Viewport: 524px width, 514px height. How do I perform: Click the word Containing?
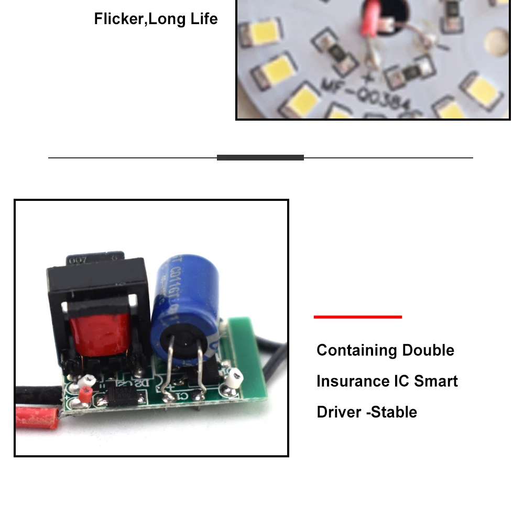tap(356, 350)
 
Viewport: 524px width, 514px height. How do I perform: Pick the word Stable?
tap(394, 412)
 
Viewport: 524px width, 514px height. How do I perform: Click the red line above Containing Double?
tap(357, 317)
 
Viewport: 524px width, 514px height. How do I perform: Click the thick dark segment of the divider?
tap(260, 157)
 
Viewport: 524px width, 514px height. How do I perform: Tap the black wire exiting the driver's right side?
tap(275, 362)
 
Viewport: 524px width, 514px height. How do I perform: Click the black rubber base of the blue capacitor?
tap(183, 347)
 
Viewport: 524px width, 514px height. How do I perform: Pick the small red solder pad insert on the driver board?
tap(85, 394)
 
